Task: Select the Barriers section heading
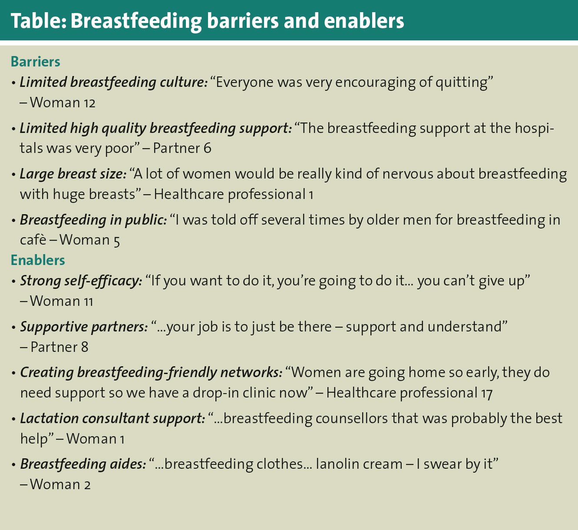point(36,62)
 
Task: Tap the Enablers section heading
point(38,260)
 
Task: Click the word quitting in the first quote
point(461,83)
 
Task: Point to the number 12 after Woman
point(89,103)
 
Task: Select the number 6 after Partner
point(208,148)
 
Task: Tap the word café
point(33,240)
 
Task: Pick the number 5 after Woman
point(116,241)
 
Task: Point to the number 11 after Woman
point(88,302)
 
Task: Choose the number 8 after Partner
point(84,347)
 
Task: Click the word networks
point(249,373)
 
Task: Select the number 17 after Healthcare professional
point(487,394)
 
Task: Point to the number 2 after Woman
point(87,485)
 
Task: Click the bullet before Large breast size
point(13,175)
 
